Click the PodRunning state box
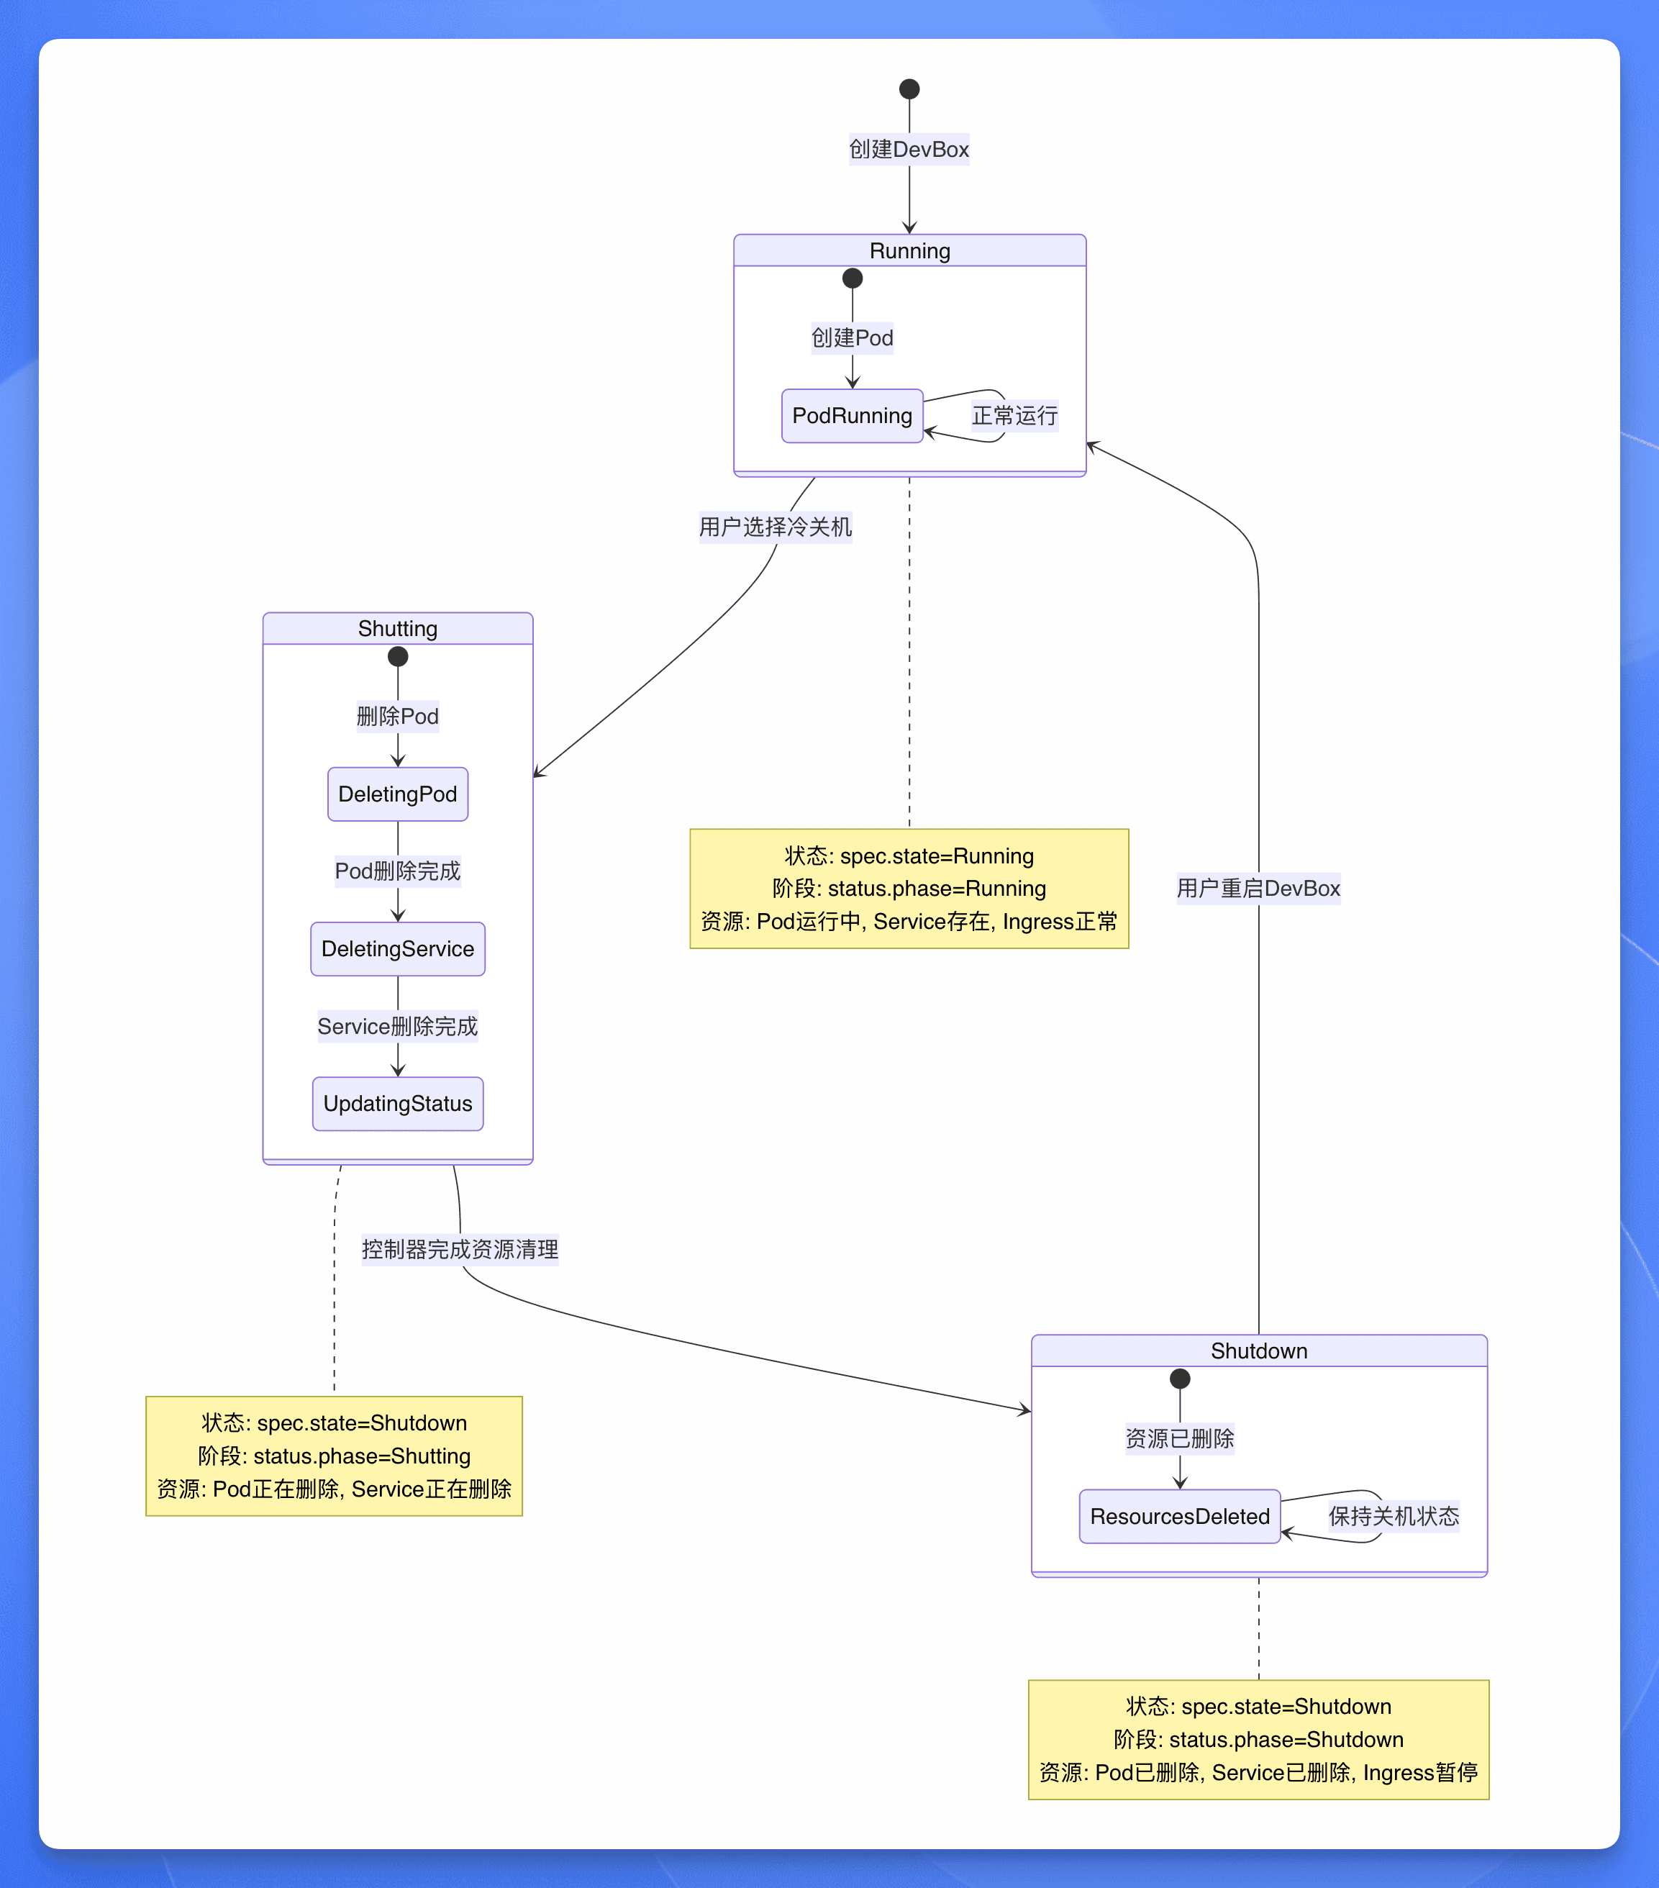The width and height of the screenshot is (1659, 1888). [x=852, y=416]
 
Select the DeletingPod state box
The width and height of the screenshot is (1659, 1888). [x=397, y=794]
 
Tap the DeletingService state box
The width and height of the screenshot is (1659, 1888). [x=397, y=948]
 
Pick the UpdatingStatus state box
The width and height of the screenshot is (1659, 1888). [x=397, y=1104]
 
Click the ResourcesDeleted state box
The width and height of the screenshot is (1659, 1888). [x=1180, y=1516]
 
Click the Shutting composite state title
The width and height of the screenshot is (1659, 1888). [x=397, y=629]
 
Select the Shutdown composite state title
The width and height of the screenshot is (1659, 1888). [x=1259, y=1351]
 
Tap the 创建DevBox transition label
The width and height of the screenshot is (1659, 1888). [x=909, y=150]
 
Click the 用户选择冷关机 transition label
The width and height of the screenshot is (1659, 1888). [x=775, y=527]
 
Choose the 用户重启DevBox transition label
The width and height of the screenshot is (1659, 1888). [x=1258, y=889]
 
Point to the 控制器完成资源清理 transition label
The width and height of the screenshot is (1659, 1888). [x=460, y=1250]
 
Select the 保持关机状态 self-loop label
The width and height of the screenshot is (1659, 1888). [x=1394, y=1517]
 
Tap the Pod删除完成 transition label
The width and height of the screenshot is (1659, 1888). [x=397, y=871]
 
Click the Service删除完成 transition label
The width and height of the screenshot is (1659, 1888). [x=397, y=1026]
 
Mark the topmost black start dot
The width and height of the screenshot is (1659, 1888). [x=909, y=88]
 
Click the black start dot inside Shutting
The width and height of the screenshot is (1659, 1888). [x=397, y=657]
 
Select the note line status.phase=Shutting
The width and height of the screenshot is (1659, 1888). [x=335, y=1456]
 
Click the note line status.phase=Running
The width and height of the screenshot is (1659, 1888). [x=909, y=889]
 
